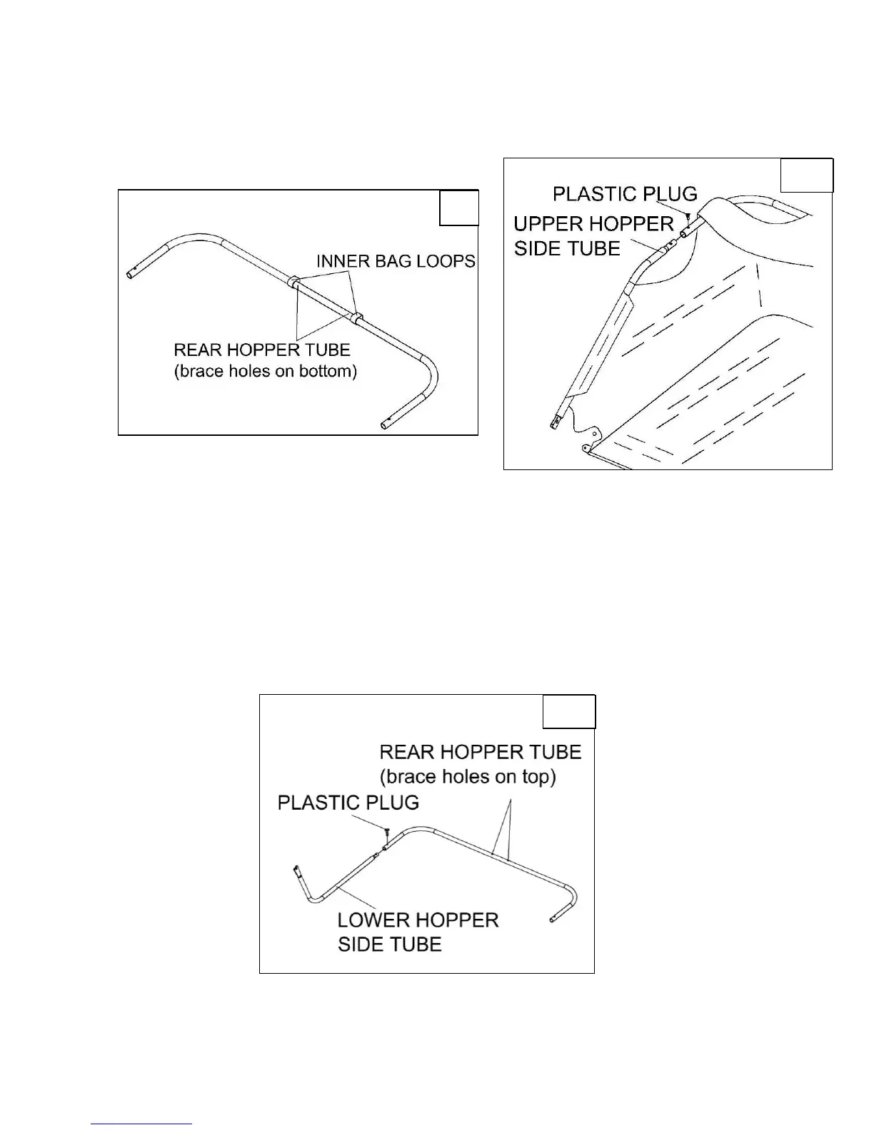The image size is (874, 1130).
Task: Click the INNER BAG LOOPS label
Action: [396, 261]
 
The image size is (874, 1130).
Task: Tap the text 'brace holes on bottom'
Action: [266, 372]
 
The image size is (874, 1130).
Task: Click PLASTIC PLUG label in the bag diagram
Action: [625, 194]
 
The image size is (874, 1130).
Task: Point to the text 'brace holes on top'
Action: [468, 776]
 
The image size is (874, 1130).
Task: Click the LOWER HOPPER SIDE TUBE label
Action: [418, 932]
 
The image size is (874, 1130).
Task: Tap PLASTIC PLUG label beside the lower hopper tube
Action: [348, 803]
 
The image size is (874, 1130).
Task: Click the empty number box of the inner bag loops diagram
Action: [458, 208]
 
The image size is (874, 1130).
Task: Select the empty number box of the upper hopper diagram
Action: [806, 175]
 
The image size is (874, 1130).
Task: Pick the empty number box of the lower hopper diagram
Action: [568, 711]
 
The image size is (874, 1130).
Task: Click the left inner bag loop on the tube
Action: [292, 280]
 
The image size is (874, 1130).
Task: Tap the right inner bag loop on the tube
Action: [356, 316]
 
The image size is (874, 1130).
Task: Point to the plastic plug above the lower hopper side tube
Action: [386, 831]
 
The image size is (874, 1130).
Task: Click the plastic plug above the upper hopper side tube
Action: [688, 215]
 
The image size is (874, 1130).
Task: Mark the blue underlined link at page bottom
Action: [142, 1124]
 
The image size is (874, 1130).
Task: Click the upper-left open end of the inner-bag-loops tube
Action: [131, 273]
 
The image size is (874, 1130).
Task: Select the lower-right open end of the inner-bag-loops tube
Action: [386, 427]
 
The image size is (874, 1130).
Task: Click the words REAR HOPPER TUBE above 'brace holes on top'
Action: [480, 752]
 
